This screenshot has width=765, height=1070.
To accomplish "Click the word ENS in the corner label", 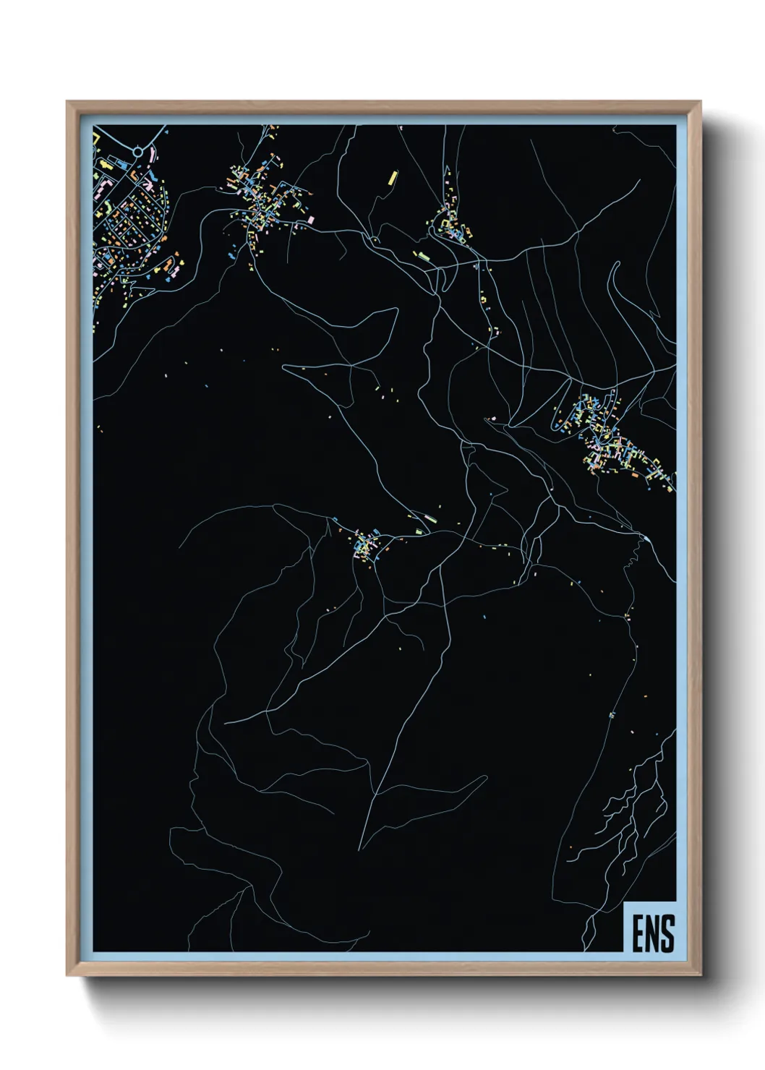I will pos(653,933).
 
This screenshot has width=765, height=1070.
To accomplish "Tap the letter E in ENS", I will pos(639,933).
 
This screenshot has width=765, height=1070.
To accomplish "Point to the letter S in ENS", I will pos(668,933).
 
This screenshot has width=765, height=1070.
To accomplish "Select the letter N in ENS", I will pos(653,933).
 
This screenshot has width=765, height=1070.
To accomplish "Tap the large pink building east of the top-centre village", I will pos(312,218).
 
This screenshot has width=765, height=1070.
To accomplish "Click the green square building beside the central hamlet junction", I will pos(419,531).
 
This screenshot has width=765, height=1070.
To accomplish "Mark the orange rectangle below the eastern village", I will pos(634,475).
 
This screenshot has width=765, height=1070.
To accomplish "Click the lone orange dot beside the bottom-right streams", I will pos(570,847).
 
